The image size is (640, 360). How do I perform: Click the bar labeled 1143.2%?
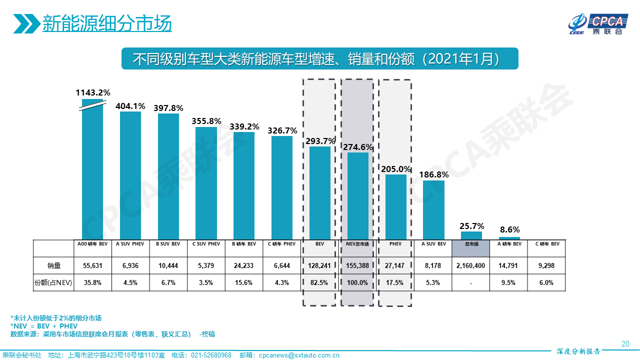92,170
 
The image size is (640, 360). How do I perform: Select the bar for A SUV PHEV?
130,175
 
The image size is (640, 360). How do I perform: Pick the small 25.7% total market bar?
471,235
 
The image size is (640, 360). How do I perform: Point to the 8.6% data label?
509,230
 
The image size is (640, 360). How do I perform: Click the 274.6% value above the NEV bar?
357,147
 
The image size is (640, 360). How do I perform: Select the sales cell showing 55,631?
92,265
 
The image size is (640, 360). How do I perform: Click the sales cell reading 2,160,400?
470,265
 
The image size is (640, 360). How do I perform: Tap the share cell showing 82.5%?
319,282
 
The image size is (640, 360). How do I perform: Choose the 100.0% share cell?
357,282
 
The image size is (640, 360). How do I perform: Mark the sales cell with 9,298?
546,265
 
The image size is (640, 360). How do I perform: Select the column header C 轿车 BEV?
546,244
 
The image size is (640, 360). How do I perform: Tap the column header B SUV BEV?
168,244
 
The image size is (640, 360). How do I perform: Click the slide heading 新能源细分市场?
107,23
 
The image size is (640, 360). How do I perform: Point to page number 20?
625,343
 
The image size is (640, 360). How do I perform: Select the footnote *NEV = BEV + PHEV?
44,326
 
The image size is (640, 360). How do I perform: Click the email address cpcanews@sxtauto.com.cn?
299,355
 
